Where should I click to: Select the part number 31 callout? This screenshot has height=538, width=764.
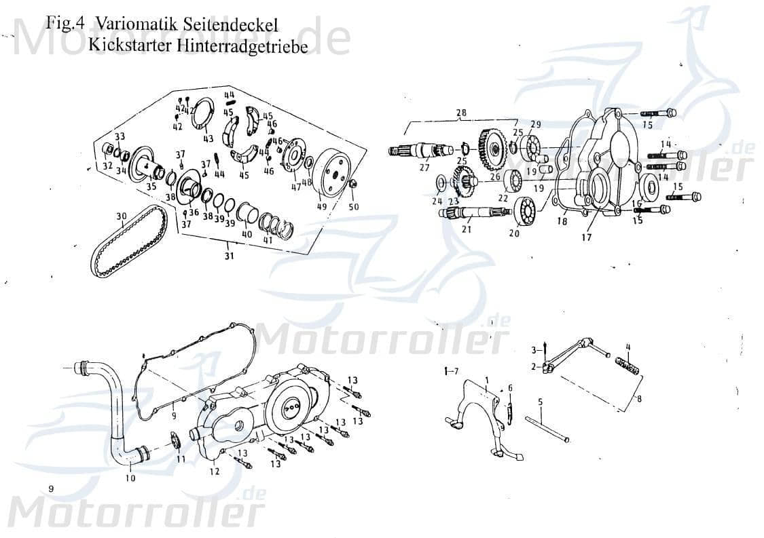(x=230, y=256)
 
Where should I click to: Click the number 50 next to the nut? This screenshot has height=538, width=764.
(x=354, y=206)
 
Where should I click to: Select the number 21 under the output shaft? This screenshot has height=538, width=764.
(x=466, y=230)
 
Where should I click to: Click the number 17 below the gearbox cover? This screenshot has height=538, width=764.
(x=586, y=237)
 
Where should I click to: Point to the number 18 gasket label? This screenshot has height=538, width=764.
(x=562, y=220)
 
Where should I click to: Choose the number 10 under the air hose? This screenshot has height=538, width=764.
(x=130, y=478)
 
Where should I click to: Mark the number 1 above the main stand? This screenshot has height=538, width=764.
(x=487, y=377)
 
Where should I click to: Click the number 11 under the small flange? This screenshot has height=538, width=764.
(x=181, y=459)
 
